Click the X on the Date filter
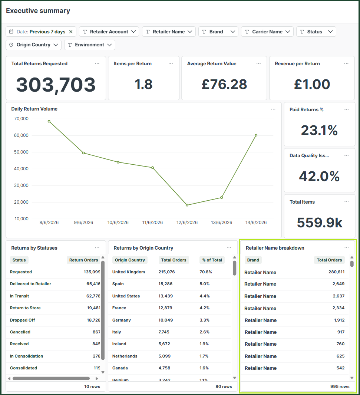pyautogui.click(x=71, y=32)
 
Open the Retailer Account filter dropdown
pyautogui.click(x=109, y=32)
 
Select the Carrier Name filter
pyautogui.click(x=267, y=32)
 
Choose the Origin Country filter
pyautogui.click(x=33, y=45)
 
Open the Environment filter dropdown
pyautogui.click(x=90, y=45)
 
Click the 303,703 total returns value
pyautogui.click(x=56, y=85)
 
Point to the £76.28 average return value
pyautogui.click(x=224, y=84)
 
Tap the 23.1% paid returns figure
pyautogui.click(x=319, y=130)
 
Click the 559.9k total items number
pyautogui.click(x=320, y=223)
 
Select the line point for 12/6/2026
pyautogui.click(x=187, y=205)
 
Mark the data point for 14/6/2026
pyautogui.click(x=256, y=135)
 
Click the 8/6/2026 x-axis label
pyautogui.click(x=49, y=223)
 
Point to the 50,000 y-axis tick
pyautogui.click(x=21, y=152)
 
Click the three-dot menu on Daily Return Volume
pyautogui.click(x=273, y=109)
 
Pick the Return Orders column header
pyautogui.click(x=83, y=260)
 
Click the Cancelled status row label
pyautogui.click(x=20, y=332)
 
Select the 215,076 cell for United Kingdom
pyautogui.click(x=167, y=272)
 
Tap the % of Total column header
pyautogui.click(x=212, y=260)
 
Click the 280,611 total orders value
pyautogui.click(x=336, y=272)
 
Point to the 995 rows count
pyautogui.click(x=340, y=386)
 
